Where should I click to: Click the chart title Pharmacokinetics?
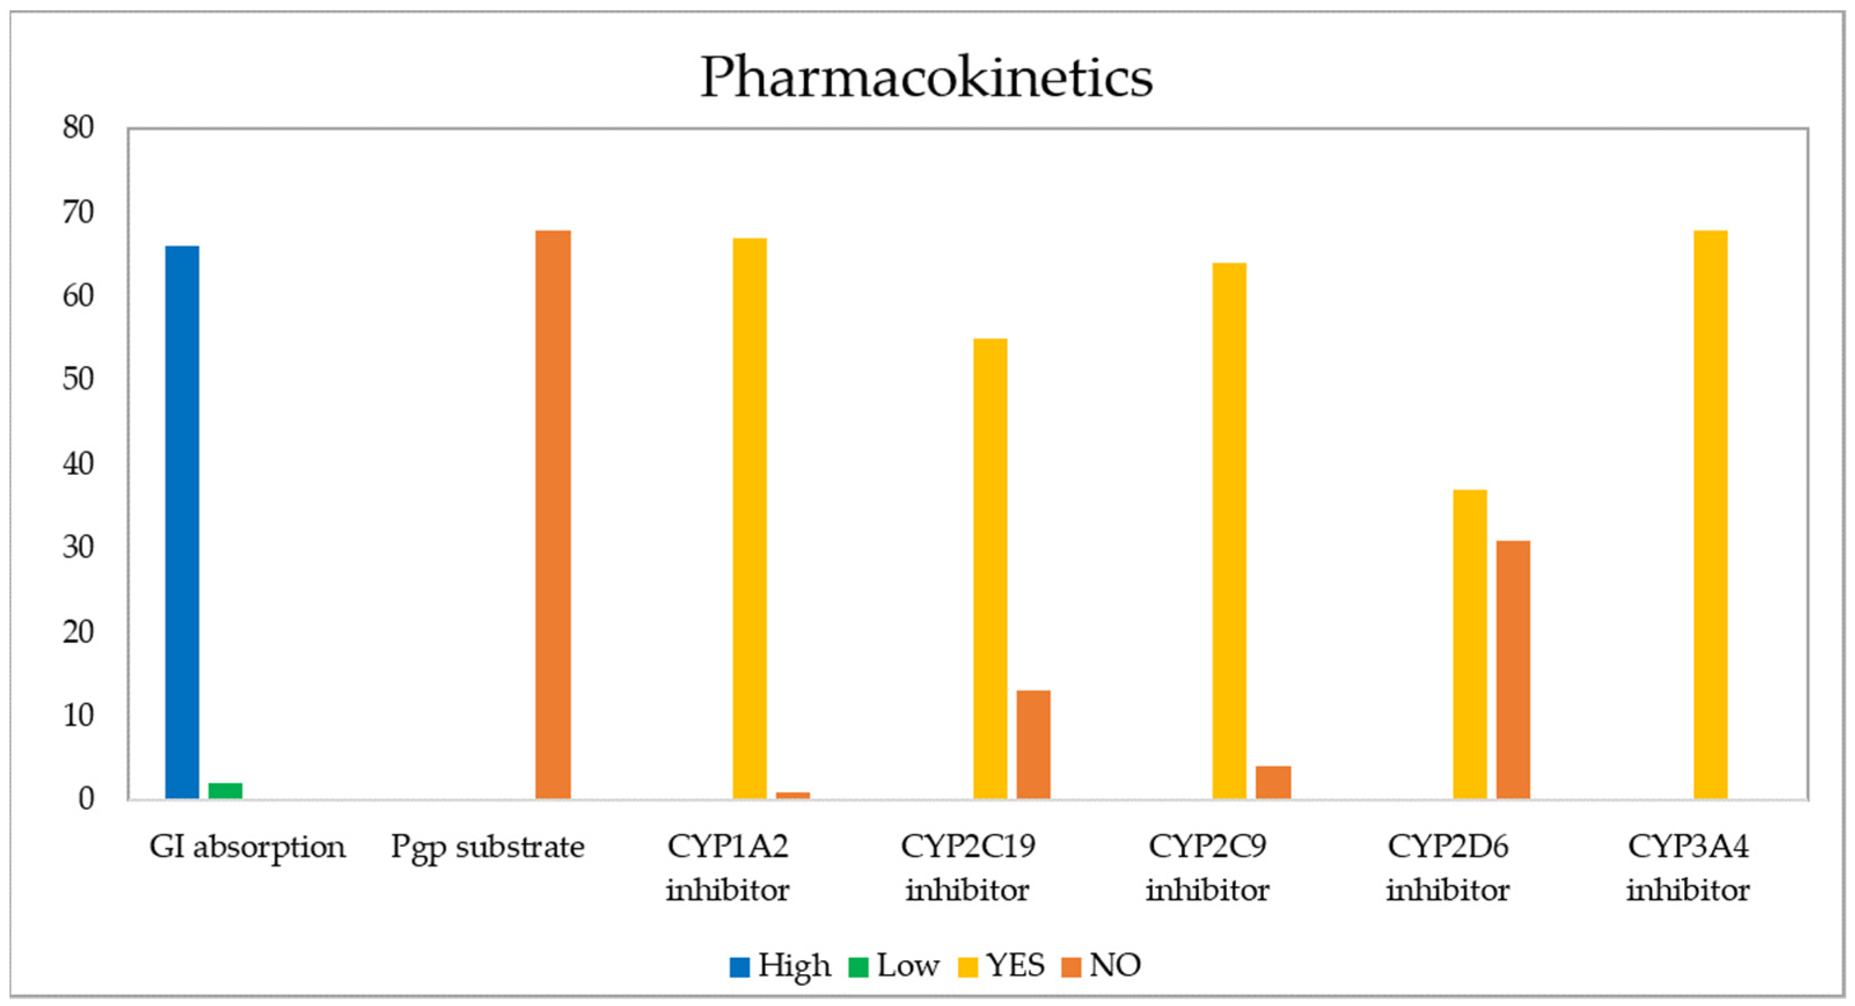(x=927, y=78)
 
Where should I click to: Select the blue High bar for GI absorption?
(x=182, y=522)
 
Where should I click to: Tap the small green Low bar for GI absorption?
(x=225, y=791)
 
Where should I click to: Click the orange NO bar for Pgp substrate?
(x=553, y=515)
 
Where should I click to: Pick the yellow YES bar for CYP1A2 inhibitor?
(x=750, y=518)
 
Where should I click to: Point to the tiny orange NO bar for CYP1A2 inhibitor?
(x=793, y=796)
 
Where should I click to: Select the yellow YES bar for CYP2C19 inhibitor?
(x=990, y=569)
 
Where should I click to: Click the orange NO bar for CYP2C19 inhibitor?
(x=1033, y=745)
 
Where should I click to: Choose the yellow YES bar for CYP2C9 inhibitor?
(x=1229, y=531)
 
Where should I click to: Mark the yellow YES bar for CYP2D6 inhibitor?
(x=1470, y=645)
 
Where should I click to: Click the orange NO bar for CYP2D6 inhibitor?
(x=1513, y=670)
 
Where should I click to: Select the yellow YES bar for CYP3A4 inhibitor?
(x=1710, y=515)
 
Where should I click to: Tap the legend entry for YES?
(x=1002, y=965)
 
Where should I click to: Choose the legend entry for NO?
(x=1102, y=965)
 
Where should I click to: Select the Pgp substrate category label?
(x=487, y=847)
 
